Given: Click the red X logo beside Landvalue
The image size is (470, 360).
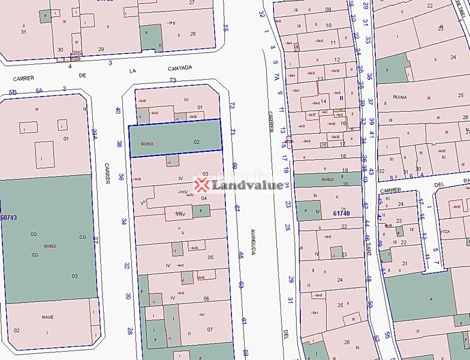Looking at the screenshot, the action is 201,185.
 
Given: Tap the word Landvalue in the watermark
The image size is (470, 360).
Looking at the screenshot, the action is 247,185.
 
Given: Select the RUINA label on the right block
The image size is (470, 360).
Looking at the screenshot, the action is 400,97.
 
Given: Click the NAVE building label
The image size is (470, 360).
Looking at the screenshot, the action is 48,317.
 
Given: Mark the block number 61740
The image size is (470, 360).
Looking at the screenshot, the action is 341,212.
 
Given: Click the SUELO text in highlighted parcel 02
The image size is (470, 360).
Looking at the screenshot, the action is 147,144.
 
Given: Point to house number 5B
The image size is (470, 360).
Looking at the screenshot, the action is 12,92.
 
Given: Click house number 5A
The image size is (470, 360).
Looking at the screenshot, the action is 40,91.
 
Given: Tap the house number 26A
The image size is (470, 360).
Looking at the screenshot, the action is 94,133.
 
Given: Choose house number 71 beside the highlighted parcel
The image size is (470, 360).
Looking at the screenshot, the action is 233,132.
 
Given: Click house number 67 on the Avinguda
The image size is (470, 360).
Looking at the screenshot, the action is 237,208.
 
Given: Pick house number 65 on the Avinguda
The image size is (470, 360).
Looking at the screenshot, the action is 240,255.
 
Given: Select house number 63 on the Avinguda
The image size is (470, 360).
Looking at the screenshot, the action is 242,285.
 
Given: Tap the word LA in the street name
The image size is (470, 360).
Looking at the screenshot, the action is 133,71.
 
